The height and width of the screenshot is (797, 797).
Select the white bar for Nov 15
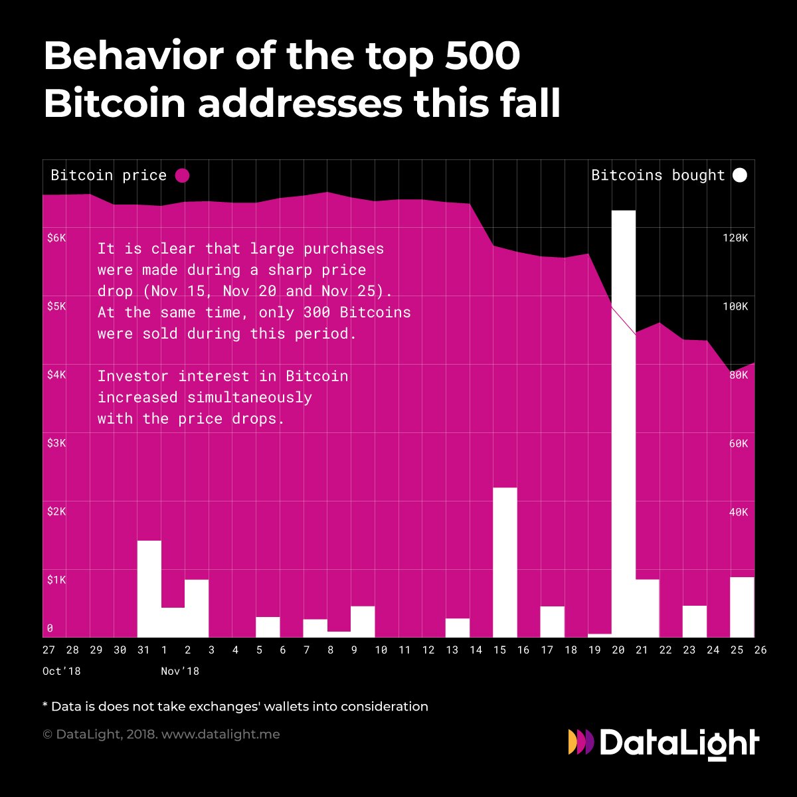pos(505,562)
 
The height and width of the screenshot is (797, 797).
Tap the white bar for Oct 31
pos(149,588)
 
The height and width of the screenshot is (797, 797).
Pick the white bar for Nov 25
pos(742,607)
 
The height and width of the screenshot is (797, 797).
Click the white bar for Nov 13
pos(457,628)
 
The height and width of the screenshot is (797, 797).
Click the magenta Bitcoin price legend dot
pos(182,175)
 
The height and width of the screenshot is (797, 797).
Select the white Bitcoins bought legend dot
pos(739,175)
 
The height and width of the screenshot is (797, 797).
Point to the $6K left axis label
pos(56,238)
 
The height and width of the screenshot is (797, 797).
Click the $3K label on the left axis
pos(56,443)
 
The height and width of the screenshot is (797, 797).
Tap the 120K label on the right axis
pos(735,238)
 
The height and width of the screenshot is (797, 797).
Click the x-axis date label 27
pos(49,650)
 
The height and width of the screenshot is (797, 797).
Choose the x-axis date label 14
pos(476,650)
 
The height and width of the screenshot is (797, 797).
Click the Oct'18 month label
pos(62,671)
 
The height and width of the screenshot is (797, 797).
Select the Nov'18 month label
pos(180,671)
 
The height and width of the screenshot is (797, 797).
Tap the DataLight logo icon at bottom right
pos(581,742)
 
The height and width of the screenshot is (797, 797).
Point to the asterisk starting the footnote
pos(46,705)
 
